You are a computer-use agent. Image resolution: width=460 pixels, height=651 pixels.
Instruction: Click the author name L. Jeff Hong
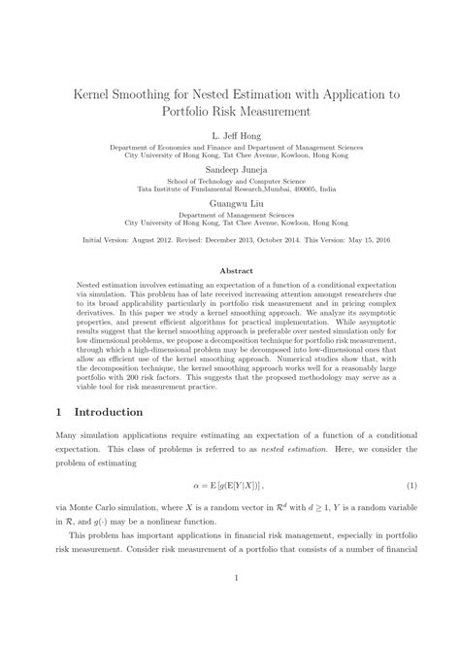pyautogui.click(x=230, y=136)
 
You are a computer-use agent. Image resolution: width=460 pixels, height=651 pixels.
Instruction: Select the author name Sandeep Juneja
pyautogui.click(x=230, y=168)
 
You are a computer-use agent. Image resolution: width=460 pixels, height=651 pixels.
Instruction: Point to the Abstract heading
pyautogui.click(x=230, y=270)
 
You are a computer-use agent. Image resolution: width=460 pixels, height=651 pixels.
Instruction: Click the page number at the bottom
pyautogui.click(x=230, y=607)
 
